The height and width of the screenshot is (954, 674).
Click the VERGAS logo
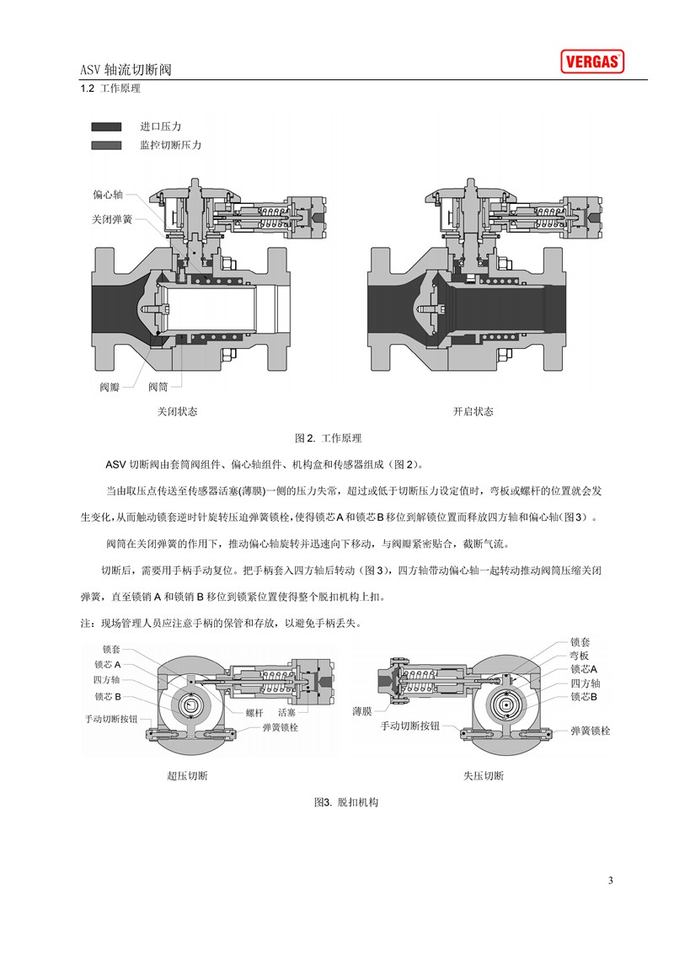click(592, 62)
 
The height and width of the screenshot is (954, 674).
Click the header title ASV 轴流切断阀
click(126, 69)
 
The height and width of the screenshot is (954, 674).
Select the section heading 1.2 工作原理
click(110, 88)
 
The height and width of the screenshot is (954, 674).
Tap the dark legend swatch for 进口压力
click(106, 126)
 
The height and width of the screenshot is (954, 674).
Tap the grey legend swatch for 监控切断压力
click(106, 146)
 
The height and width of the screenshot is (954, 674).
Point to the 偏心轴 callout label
click(108, 195)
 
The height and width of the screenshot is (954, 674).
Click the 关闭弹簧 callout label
click(112, 219)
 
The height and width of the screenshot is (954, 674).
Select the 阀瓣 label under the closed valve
click(110, 387)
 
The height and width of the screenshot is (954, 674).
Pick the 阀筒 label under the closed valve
click(158, 387)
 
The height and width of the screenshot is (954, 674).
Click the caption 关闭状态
click(178, 411)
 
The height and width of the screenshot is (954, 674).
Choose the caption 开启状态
click(473, 411)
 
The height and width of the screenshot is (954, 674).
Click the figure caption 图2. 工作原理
click(328, 438)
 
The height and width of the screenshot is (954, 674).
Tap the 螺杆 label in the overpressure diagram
click(255, 712)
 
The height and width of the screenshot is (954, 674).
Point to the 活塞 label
click(286, 712)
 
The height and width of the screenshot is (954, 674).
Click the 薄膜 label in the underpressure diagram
click(362, 711)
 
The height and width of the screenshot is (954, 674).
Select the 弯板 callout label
click(579, 656)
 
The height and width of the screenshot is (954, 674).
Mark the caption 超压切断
click(187, 775)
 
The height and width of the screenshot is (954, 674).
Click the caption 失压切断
click(484, 775)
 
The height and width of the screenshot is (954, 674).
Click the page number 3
click(611, 881)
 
